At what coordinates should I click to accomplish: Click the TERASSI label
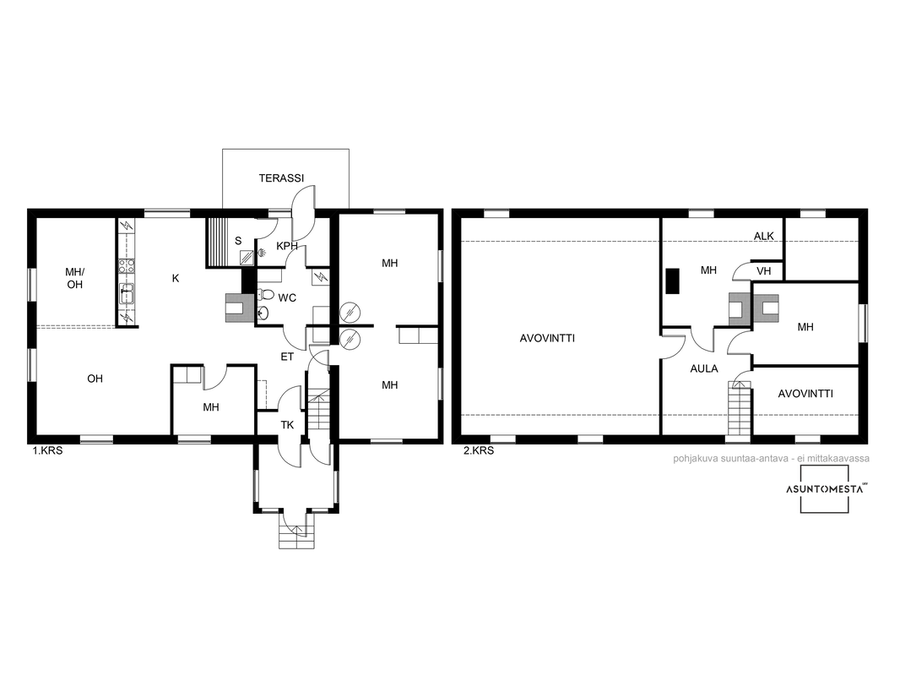click(281, 178)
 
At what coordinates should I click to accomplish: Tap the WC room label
click(287, 298)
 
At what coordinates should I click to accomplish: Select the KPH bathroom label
click(287, 247)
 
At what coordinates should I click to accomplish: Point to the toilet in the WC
click(266, 295)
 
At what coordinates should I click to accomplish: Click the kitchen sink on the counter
click(127, 293)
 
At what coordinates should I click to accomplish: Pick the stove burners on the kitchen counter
click(127, 265)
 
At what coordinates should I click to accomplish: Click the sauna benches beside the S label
click(217, 242)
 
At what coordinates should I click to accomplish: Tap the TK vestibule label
click(287, 425)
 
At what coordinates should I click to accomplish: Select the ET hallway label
click(287, 357)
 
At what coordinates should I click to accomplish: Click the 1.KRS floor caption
click(47, 451)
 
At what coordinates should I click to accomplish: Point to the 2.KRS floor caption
click(478, 451)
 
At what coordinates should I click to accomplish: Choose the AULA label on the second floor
click(703, 368)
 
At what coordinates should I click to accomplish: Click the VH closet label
click(763, 271)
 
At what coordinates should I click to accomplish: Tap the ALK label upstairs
click(763, 236)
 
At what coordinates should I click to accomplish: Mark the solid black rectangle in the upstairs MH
click(672, 281)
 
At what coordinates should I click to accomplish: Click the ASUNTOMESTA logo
click(825, 488)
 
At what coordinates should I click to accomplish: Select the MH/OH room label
click(74, 278)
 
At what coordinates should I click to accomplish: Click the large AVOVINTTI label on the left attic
click(547, 338)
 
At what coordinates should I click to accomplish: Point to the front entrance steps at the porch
click(296, 530)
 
